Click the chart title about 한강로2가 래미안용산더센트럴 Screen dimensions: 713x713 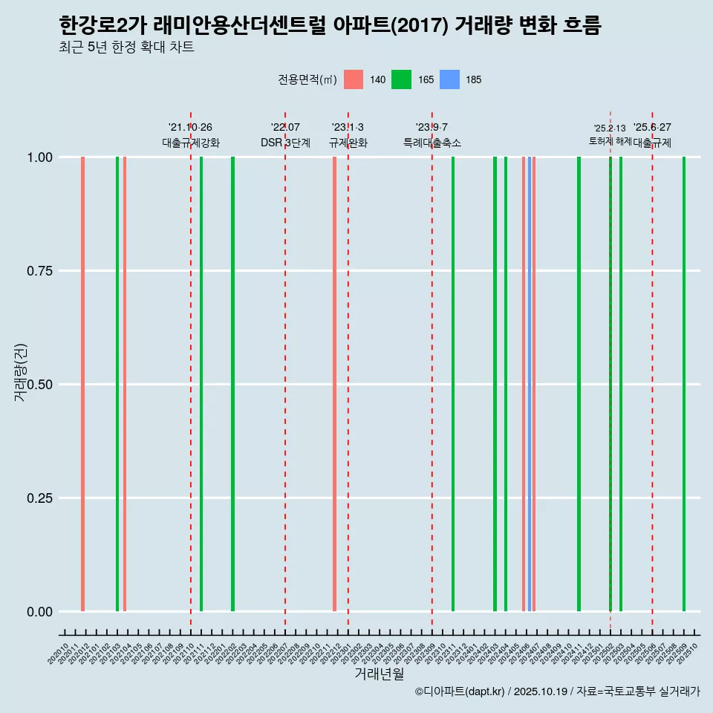[330, 26]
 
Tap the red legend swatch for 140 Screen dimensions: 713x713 [354, 79]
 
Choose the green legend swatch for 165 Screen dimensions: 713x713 [401, 79]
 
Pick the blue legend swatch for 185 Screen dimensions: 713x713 [449, 79]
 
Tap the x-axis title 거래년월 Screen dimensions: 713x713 [379, 674]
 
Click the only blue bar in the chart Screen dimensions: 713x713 [529, 384]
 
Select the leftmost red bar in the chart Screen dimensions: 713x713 [82, 384]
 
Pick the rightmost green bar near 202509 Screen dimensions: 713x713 [684, 384]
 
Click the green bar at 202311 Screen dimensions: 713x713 [453, 384]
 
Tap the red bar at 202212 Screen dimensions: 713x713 [335, 384]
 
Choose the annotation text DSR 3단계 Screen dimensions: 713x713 [285, 143]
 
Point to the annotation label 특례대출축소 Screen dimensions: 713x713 [432, 143]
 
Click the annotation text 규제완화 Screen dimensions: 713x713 [348, 143]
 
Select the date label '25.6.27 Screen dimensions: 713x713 [652, 127]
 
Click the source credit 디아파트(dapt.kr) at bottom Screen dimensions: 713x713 [460, 692]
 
